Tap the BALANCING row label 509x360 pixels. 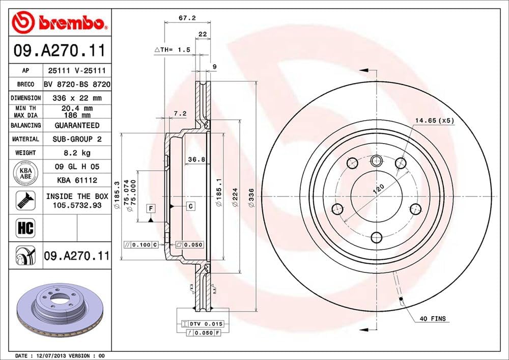(25, 125)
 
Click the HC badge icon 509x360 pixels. (25, 228)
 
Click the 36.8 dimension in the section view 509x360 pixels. (195, 159)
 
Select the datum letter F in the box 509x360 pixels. (151, 208)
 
